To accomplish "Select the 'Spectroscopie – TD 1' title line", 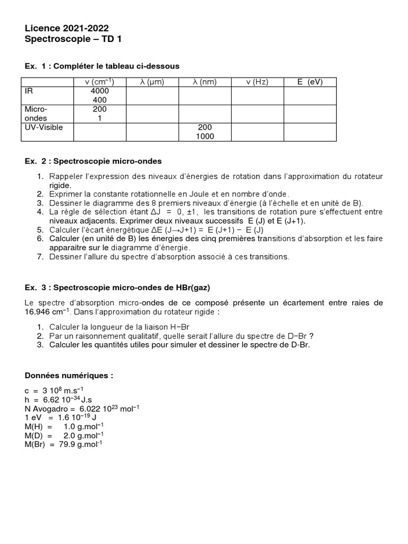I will pos(74,39).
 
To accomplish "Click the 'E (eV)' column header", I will pos(310,82).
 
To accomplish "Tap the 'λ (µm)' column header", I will pos(152,82).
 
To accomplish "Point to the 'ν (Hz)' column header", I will pos(257,82).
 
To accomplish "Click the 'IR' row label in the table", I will pos(29,91).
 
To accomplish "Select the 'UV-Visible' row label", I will pos(42,127).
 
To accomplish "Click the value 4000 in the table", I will pos(99,91).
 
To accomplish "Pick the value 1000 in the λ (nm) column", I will pos(205,136).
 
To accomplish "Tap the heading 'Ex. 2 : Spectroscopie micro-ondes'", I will pos(93,160).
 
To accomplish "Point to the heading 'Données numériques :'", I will pos(69,375).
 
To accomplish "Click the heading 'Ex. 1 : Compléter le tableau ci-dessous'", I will pos(102,66).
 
